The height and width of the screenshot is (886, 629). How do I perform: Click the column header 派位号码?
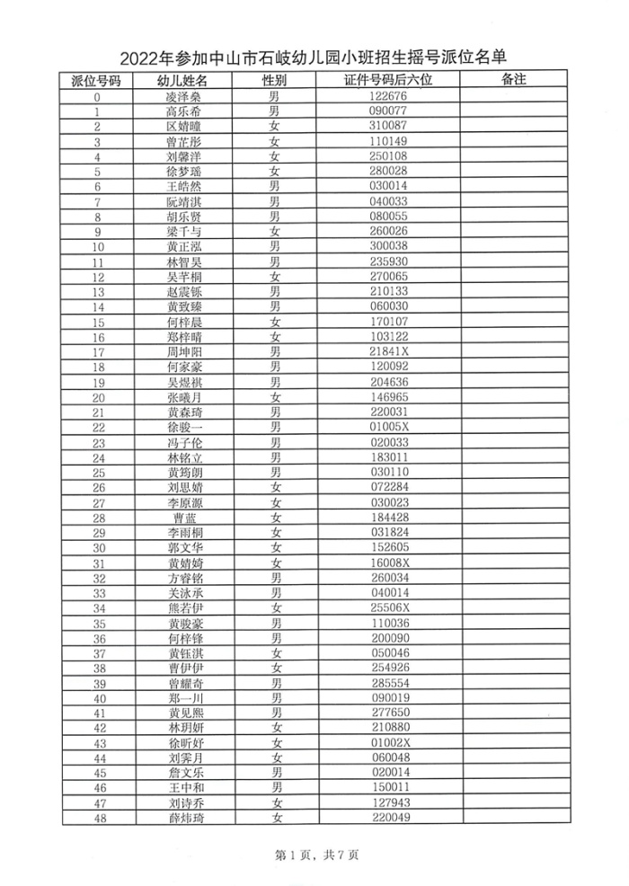[x=96, y=81]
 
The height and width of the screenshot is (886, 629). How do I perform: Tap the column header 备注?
[x=512, y=81]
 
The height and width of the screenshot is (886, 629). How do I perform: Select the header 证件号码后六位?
[x=388, y=81]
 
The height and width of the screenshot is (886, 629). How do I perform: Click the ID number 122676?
[x=388, y=96]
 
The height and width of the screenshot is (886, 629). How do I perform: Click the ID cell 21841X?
[x=388, y=352]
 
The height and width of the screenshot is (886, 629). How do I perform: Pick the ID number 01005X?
[x=388, y=428]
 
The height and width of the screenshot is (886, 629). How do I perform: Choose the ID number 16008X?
[x=388, y=563]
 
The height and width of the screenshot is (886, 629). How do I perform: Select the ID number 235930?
[x=388, y=261]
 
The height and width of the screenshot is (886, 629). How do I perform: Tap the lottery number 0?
[x=96, y=96]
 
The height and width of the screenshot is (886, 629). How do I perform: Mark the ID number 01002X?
[x=388, y=742]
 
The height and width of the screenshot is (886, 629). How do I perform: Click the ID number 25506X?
[x=388, y=607]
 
